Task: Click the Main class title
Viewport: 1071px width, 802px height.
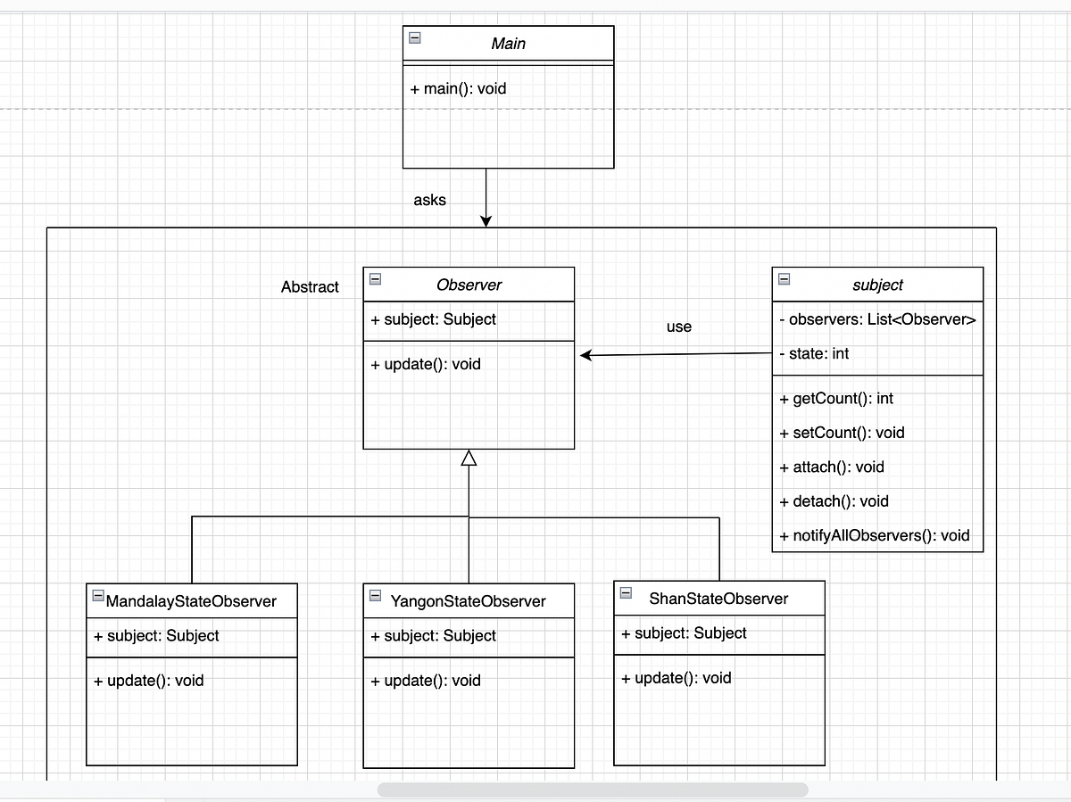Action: click(508, 43)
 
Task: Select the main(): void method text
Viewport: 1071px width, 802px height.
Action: click(459, 89)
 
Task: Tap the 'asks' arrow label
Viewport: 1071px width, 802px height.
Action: click(429, 200)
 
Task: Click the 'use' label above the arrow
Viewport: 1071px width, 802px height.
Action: click(678, 327)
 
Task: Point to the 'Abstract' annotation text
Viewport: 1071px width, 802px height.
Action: click(310, 286)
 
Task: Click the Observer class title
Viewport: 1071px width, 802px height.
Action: click(469, 285)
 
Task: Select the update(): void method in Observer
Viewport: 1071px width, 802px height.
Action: click(426, 364)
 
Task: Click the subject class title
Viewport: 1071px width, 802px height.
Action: click(877, 285)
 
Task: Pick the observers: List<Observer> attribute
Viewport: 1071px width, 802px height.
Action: click(877, 319)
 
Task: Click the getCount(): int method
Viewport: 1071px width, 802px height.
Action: click(836, 398)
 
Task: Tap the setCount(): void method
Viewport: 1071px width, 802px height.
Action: click(842, 433)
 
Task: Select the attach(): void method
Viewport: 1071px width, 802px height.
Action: click(832, 467)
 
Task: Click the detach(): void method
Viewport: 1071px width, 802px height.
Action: click(834, 501)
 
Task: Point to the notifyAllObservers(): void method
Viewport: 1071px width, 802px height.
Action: click(874, 536)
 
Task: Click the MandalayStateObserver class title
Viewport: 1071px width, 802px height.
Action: click(191, 601)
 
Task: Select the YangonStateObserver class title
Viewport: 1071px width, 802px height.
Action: click(468, 601)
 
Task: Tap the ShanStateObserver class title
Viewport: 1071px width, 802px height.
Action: click(718, 598)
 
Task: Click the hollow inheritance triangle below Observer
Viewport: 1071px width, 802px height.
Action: click(469, 458)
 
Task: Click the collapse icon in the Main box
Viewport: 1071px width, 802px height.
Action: click(415, 37)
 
